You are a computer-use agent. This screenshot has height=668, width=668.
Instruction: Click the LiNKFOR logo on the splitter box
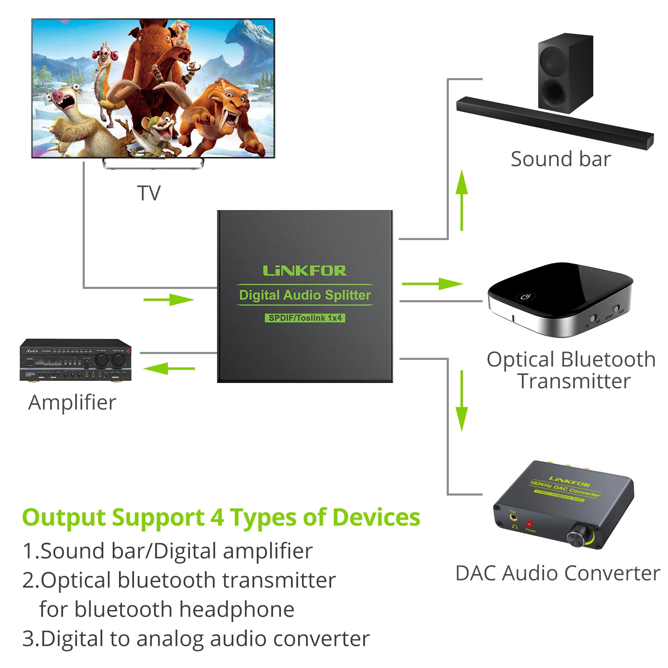click(x=304, y=271)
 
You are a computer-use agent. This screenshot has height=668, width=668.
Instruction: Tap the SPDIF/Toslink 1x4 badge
click(x=305, y=318)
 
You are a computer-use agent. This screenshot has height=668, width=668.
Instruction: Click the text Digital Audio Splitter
click(x=305, y=295)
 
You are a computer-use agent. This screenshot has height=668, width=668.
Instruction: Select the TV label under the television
click(x=149, y=193)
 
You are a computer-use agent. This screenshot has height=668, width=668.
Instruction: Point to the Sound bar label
click(x=560, y=159)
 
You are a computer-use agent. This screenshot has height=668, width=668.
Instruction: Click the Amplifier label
click(x=72, y=402)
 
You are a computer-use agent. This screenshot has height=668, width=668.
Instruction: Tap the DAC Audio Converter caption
click(x=558, y=573)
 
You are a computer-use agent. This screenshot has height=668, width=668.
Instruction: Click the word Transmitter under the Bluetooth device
click(x=574, y=381)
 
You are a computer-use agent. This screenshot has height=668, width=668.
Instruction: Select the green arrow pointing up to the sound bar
click(x=461, y=200)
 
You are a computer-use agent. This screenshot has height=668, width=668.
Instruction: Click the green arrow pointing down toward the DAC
click(x=461, y=401)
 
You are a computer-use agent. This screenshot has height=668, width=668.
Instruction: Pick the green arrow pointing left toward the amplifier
click(x=169, y=369)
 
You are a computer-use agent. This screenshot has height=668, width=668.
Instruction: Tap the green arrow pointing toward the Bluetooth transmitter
click(x=432, y=284)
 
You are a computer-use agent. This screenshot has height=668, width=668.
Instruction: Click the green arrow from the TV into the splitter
click(x=169, y=299)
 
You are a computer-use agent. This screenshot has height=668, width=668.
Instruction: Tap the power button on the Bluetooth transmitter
click(x=526, y=296)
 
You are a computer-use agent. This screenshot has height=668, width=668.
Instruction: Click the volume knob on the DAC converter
click(x=577, y=537)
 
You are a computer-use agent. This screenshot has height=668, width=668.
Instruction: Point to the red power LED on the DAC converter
click(x=529, y=524)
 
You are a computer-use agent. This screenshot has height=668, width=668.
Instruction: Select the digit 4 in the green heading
click(x=217, y=518)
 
